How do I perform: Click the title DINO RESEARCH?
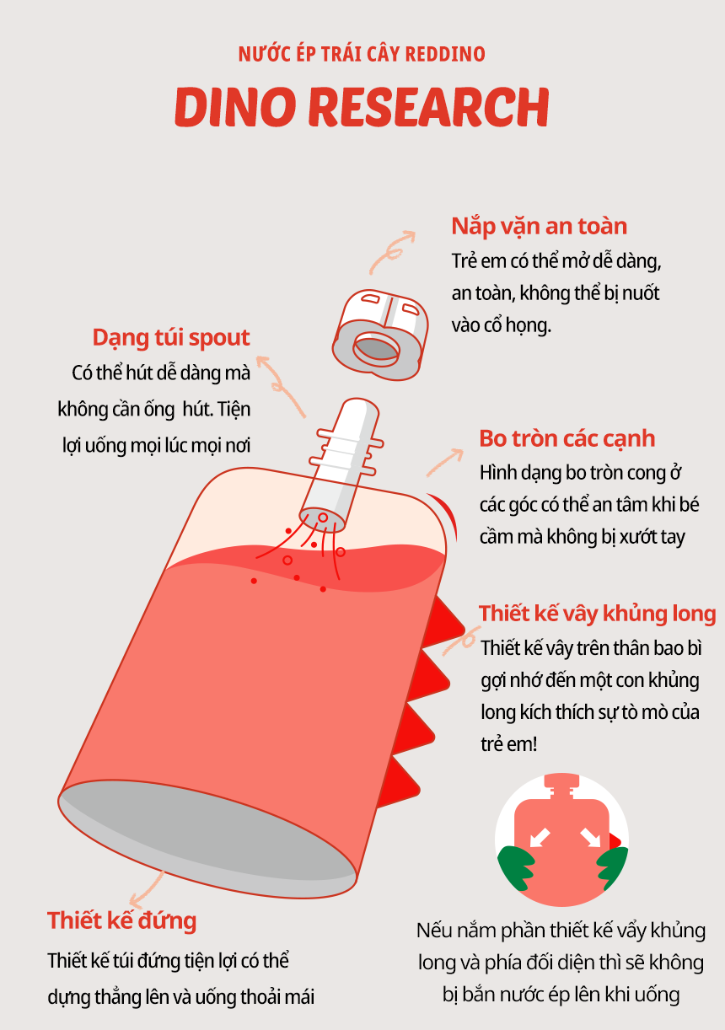tap(362, 107)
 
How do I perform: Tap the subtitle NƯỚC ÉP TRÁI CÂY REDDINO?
tap(362, 54)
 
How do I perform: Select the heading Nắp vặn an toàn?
tap(540, 227)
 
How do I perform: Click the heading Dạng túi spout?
tap(171, 338)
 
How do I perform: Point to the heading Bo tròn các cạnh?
tap(567, 438)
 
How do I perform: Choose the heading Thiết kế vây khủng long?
tap(597, 614)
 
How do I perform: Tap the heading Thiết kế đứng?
tap(122, 921)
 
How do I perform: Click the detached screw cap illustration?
tap(380, 335)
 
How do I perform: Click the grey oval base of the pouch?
tap(207, 839)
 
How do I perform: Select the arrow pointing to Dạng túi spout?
tap(281, 385)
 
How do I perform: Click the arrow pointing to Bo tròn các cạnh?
tap(444, 463)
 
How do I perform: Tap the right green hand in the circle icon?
tap(611, 867)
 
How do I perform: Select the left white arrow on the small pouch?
tap(540, 837)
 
